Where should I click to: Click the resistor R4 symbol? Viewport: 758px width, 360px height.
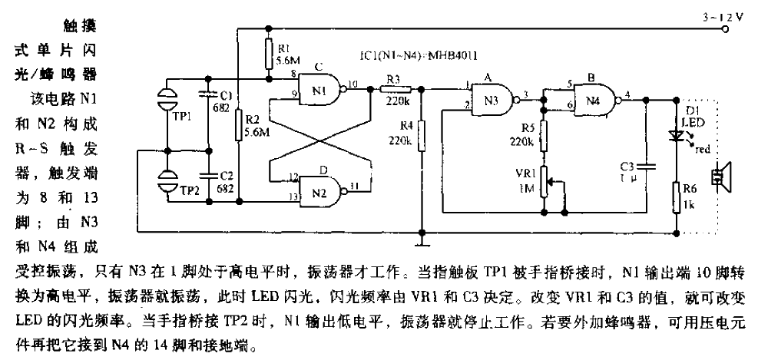coord(422,139)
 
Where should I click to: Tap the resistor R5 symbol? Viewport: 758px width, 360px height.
coord(545,138)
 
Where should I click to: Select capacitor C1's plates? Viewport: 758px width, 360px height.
coord(207,95)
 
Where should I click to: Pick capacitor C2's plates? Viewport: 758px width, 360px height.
coord(207,173)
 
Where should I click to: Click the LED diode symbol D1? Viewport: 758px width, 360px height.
coord(677,134)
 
